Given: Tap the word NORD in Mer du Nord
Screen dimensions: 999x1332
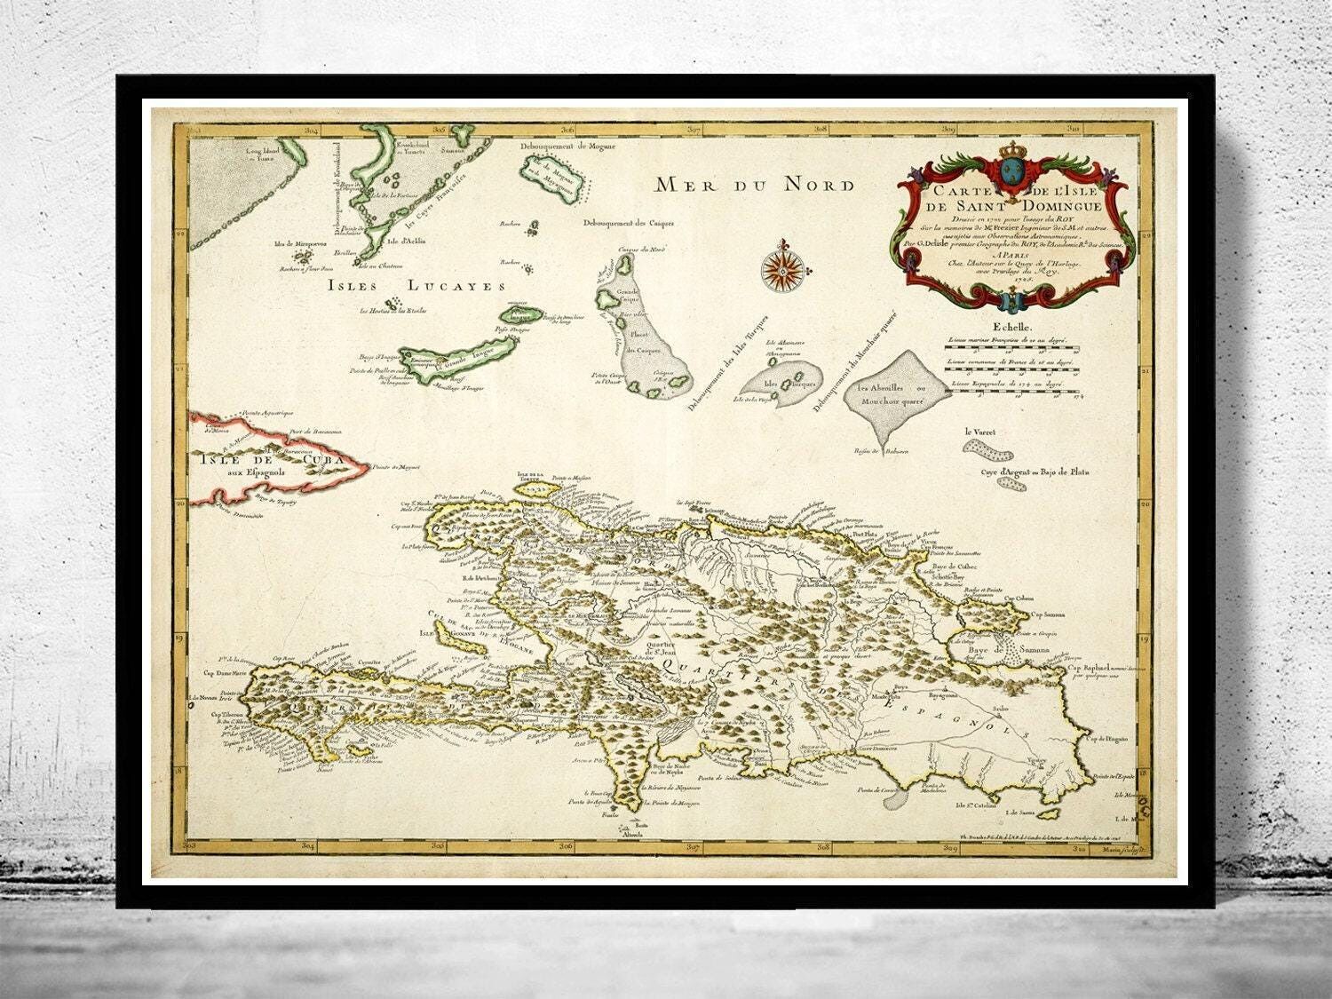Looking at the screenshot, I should (818, 185).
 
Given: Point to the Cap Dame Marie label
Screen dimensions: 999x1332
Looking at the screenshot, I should (226, 672).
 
